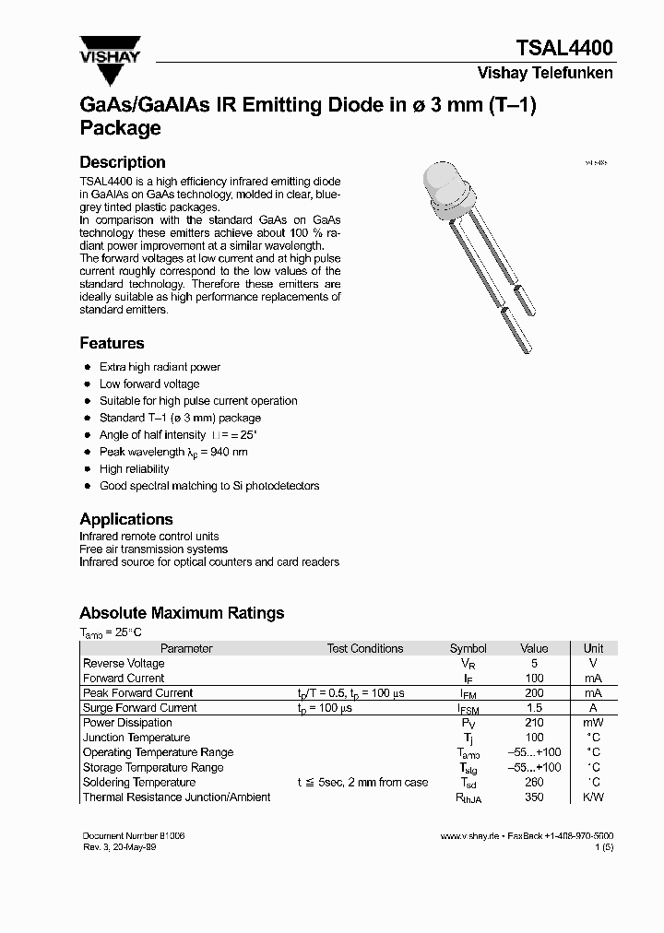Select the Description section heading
coord(123,162)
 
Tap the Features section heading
coord(112,343)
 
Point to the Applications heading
coord(126,519)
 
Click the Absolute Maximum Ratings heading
coord(182,613)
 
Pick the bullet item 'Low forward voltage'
coord(149,384)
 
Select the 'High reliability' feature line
coord(135,469)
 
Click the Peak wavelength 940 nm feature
coord(173,453)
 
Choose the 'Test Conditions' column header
coord(365,648)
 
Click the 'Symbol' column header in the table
coord(468,648)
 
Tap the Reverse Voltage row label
coord(124,663)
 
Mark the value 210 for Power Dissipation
coord(534,723)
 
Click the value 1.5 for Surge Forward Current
coord(534,708)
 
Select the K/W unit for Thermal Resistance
coord(593,797)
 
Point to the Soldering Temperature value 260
coord(534,783)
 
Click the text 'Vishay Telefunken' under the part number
coord(544,74)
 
